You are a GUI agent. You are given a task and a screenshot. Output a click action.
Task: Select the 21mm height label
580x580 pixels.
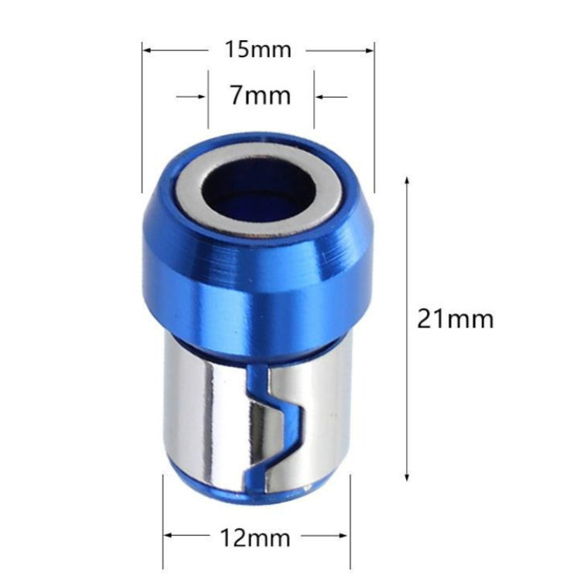tap(455, 318)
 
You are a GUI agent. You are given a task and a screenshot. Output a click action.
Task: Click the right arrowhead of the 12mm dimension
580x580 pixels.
tap(339, 535)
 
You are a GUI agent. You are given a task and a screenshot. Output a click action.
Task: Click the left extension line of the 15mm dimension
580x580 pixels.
tap(142, 116)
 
